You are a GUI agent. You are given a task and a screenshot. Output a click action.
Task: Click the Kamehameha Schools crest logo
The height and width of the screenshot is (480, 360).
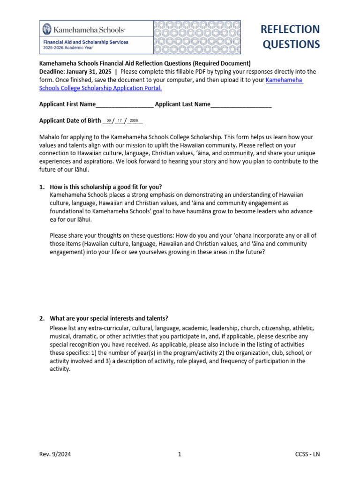47,30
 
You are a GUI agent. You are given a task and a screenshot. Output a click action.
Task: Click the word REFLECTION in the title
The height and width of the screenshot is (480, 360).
290,29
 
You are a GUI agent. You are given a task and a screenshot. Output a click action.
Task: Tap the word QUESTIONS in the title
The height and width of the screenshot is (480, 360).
291,45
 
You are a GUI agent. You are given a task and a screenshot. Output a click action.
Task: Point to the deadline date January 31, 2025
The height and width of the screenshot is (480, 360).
91,72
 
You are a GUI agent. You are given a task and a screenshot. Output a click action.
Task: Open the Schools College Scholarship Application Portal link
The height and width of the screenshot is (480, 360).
100,88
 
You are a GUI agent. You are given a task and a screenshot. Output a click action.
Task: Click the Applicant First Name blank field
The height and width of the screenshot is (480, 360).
124,105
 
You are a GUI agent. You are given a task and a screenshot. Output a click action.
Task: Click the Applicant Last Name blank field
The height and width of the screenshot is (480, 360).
241,105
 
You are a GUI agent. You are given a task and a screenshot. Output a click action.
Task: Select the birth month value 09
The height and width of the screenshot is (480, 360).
109,121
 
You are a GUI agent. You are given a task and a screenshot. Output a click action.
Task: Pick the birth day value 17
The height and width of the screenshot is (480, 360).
120,121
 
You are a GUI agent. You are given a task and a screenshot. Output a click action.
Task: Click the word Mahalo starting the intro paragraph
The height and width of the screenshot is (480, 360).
50,137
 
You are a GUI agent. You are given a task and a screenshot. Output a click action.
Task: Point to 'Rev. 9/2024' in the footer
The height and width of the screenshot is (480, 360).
55,454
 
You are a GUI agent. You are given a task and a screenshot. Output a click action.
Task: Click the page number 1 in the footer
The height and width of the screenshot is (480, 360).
180,454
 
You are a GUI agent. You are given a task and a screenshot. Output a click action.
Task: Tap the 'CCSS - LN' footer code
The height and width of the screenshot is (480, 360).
307,454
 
